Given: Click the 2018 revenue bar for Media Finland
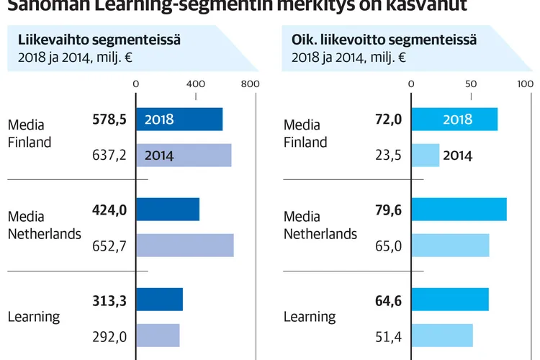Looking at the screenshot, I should [x=179, y=120].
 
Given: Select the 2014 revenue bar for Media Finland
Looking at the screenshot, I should [x=184, y=155].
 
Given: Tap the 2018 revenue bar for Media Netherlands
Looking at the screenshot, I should [x=168, y=210].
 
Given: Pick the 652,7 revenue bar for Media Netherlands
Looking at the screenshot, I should [x=185, y=246].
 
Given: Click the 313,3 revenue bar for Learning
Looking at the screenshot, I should [x=159, y=300].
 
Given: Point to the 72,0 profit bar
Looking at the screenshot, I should [x=454, y=120].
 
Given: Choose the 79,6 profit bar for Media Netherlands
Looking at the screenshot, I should [x=459, y=210].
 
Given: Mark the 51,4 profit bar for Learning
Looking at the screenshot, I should [x=442, y=335].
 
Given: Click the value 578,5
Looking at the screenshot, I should [x=109, y=120].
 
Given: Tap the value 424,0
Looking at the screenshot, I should [x=109, y=210].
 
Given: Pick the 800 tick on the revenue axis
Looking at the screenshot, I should [x=249, y=84].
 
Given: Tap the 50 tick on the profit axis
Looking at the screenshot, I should [x=471, y=84].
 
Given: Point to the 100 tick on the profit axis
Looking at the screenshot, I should [x=524, y=84].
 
